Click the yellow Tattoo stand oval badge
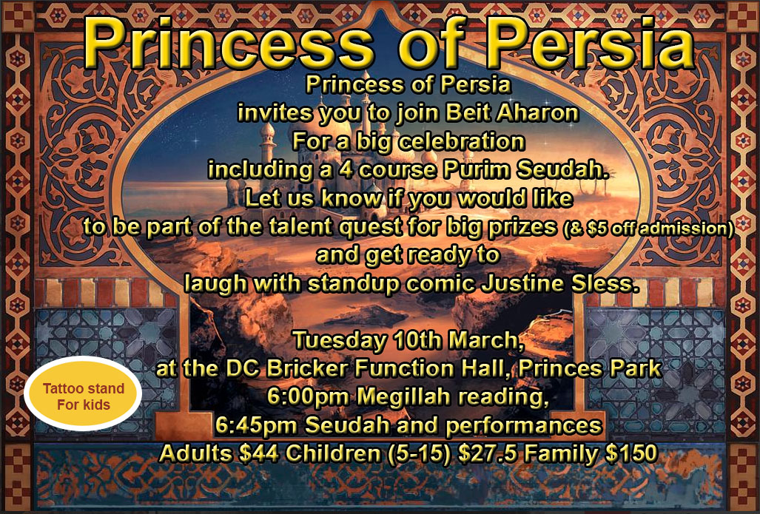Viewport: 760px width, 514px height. click(83, 394)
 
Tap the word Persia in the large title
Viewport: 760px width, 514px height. click(590, 43)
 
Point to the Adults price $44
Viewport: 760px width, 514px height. click(259, 454)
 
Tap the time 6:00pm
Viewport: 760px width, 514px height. click(308, 396)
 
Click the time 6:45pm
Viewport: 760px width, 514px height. click(257, 426)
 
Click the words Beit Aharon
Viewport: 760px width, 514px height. click(512, 113)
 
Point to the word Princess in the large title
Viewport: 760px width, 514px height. click(227, 43)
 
